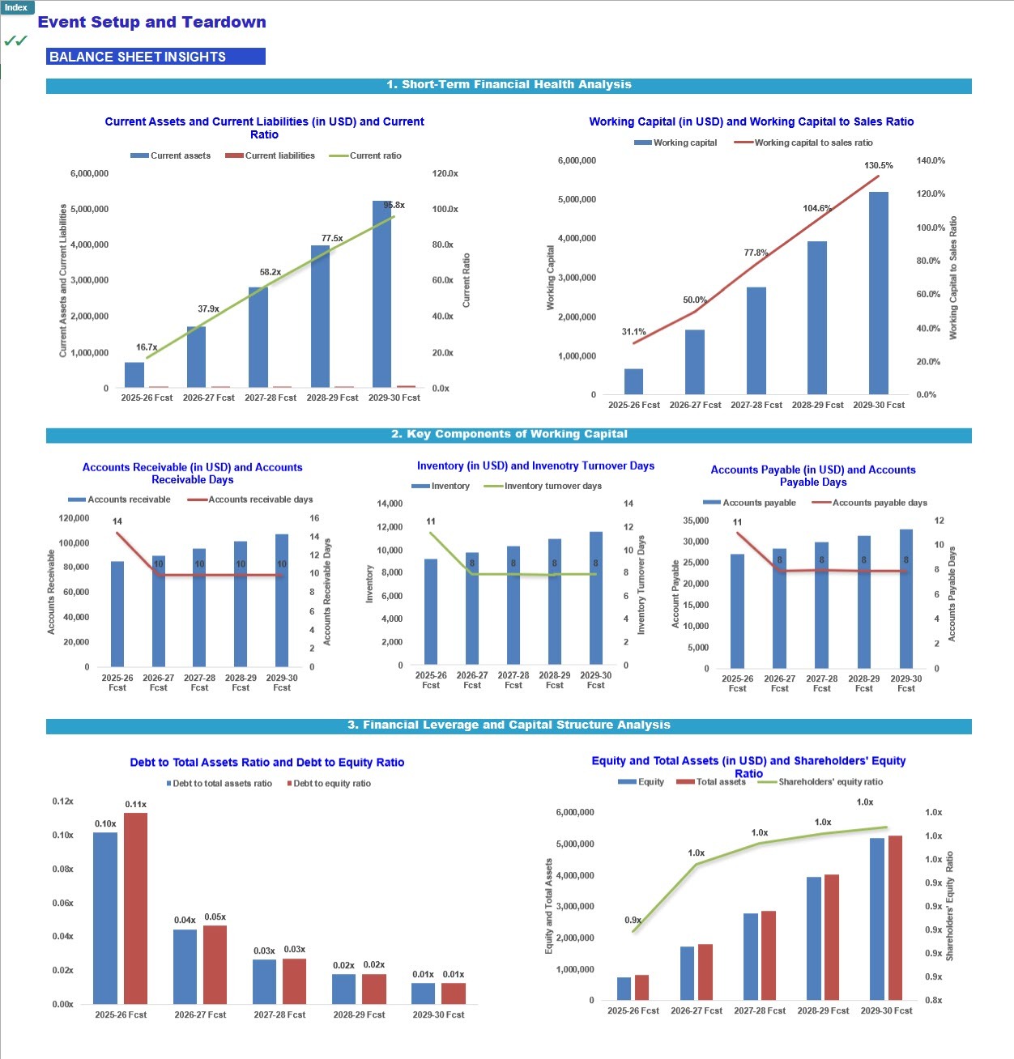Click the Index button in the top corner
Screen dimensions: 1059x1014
tap(16, 7)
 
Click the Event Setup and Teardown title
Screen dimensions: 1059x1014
tap(151, 23)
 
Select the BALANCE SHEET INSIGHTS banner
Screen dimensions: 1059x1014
tap(156, 57)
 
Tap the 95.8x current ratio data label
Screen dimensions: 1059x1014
tap(394, 206)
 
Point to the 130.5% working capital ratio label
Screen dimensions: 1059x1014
tap(878, 166)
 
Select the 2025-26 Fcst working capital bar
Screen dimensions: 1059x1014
tap(633, 381)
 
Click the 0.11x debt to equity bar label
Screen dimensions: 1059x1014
tap(135, 805)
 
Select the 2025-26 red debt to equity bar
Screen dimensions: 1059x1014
tap(135, 908)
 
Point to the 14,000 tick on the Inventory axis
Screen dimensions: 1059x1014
tap(390, 504)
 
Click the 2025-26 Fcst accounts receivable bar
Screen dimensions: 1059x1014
tap(117, 613)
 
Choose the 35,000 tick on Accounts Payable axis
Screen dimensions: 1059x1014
tap(696, 521)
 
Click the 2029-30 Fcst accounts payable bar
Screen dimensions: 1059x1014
tap(905, 599)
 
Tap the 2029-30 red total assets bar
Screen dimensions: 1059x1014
tap(895, 918)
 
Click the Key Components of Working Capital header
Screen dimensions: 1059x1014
tap(509, 435)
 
